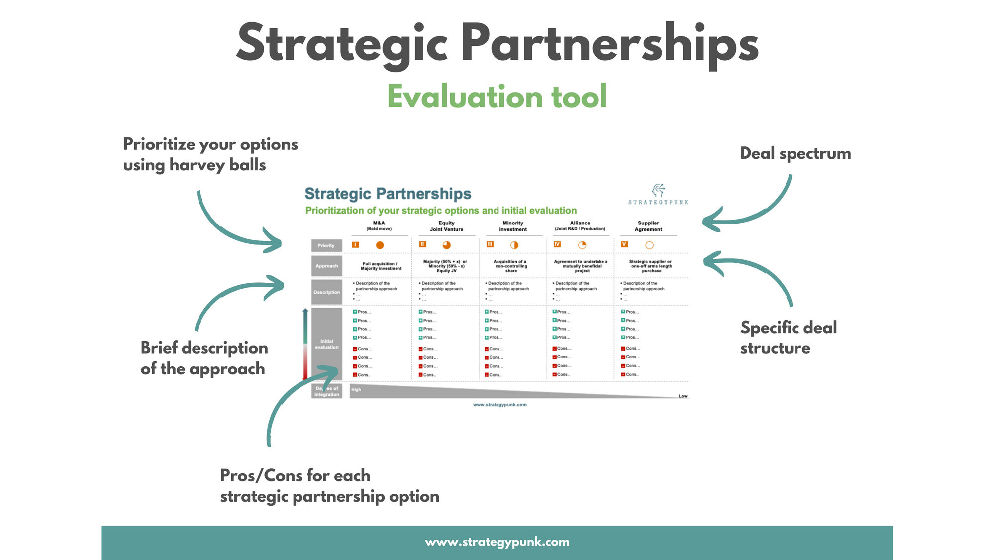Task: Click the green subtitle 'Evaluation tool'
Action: click(497, 96)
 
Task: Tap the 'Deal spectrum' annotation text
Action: click(795, 153)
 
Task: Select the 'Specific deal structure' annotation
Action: click(788, 337)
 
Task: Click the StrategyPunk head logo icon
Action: click(658, 190)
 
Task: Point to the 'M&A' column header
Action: click(379, 226)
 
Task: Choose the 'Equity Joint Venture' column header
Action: click(446, 226)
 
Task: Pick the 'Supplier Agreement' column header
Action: click(648, 226)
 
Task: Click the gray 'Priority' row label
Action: click(326, 245)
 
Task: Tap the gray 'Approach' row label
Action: click(326, 266)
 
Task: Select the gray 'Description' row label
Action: click(326, 292)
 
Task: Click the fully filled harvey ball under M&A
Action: click(380, 245)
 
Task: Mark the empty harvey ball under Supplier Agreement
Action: click(649, 245)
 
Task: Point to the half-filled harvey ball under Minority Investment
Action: click(514, 245)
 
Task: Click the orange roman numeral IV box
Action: click(557, 244)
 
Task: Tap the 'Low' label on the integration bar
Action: click(683, 396)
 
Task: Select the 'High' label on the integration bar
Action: click(356, 390)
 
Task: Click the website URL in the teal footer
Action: click(497, 542)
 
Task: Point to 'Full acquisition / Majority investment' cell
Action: click(381, 266)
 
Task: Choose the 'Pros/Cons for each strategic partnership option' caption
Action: click(329, 486)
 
